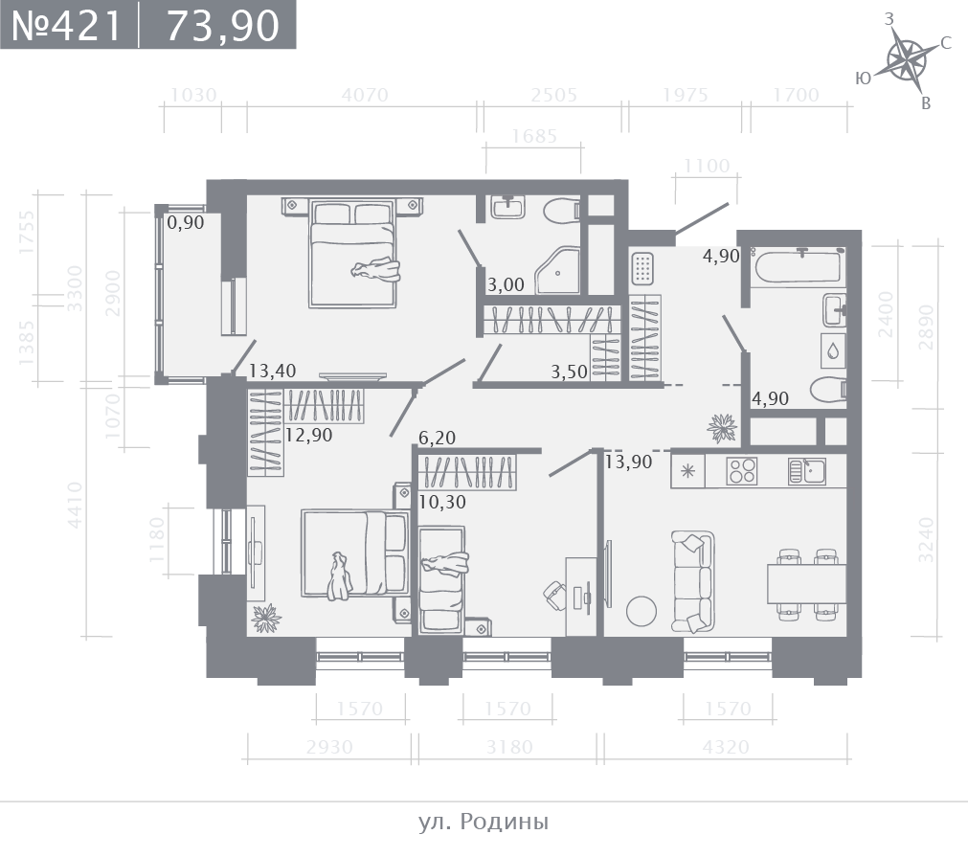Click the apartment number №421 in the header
[x=67, y=25]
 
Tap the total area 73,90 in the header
[x=223, y=26]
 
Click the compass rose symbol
[x=907, y=60]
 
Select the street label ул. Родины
[x=484, y=822]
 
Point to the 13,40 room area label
[x=272, y=371]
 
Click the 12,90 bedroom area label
[x=308, y=435]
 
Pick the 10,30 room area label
[x=442, y=502]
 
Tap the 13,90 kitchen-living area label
[x=628, y=462]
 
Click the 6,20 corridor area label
[x=437, y=438]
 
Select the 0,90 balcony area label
[x=185, y=222]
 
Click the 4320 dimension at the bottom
[x=726, y=747]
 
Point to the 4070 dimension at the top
[x=365, y=95]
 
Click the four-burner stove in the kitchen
[x=741, y=471]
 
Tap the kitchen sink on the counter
[x=807, y=471]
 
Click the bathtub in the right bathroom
[x=798, y=265]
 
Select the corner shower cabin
[x=557, y=270]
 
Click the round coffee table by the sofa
[x=642, y=611]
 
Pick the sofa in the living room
[x=692, y=581]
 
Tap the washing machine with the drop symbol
[x=833, y=351]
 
